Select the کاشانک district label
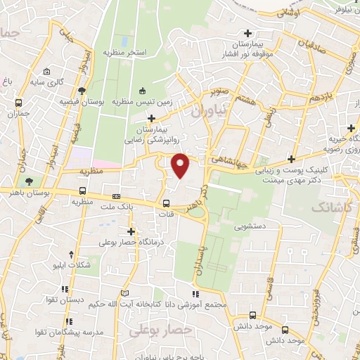coord(326,209)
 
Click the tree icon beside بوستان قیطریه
coord(82,90)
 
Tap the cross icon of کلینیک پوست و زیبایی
coord(291,160)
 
